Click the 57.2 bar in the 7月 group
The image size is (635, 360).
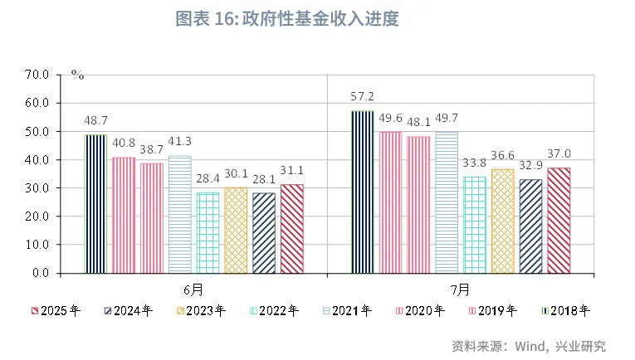coord(362,192)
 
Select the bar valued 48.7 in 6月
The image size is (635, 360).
coord(96,204)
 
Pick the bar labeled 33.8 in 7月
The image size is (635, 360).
coord(474,225)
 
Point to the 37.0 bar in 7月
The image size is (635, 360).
coord(559,221)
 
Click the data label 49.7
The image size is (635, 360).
coord(446,119)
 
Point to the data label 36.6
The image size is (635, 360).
coord(502,156)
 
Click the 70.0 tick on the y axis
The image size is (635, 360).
coord(39,75)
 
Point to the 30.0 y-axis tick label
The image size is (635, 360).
coord(39,188)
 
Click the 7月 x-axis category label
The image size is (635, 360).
coord(460,289)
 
